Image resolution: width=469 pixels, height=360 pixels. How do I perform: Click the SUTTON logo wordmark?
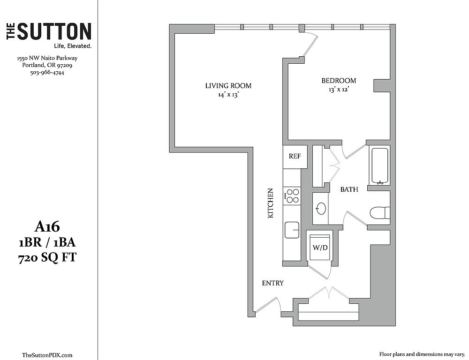49,31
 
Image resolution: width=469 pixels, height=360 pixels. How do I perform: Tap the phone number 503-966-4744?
47,72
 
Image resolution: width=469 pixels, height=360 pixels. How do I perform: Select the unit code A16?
47,227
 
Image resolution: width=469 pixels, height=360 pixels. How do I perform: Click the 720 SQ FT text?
47,257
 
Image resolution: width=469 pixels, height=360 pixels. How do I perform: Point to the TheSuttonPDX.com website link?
47,355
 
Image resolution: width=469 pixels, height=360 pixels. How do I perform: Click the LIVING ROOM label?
228,86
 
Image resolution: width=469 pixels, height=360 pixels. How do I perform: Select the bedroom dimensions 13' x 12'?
339,90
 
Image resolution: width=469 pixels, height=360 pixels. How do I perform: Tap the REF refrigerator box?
295,157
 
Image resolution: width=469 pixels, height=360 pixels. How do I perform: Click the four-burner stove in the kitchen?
292,196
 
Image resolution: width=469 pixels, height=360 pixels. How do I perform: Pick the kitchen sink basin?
292,230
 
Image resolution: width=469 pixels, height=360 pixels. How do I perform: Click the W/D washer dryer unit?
320,247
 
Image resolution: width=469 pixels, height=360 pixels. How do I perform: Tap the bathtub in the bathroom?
380,165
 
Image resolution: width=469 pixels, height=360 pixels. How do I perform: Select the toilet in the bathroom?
380,213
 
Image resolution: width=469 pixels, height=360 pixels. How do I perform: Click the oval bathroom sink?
321,209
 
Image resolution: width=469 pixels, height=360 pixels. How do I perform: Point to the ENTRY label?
273,283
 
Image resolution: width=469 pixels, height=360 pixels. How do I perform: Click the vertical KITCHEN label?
271,203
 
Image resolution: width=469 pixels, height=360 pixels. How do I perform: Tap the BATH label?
349,189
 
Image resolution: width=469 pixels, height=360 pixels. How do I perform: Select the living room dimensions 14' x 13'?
228,95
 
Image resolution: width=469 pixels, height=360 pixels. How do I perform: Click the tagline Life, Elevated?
72,46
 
